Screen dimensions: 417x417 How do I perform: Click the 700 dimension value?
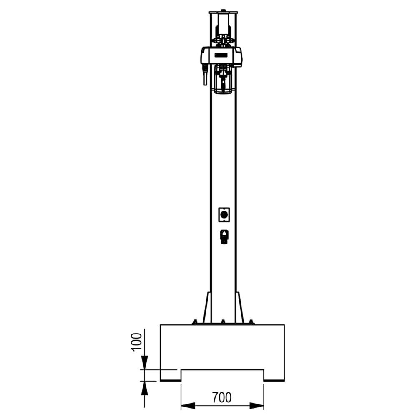(221, 397)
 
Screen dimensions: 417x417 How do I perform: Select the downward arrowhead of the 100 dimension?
(144, 364)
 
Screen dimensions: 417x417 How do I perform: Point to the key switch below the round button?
(224, 236)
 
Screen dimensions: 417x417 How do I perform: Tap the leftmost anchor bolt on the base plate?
(195, 322)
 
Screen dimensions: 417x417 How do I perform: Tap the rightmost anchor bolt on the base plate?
(251, 322)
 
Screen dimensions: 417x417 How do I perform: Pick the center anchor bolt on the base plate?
(223, 322)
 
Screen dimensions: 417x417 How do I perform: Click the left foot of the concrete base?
(170, 375)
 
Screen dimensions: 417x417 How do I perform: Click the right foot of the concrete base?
(274, 375)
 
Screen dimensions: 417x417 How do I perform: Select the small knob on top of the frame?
(223, 10)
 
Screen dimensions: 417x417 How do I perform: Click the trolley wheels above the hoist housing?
(223, 40)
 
